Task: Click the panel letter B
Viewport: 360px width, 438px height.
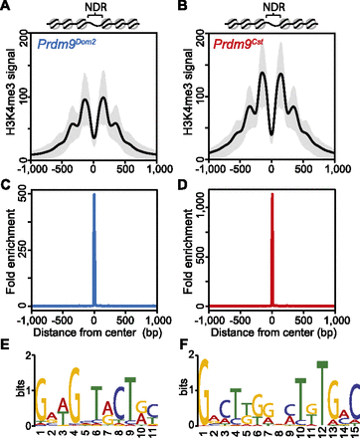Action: [x=187, y=8]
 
